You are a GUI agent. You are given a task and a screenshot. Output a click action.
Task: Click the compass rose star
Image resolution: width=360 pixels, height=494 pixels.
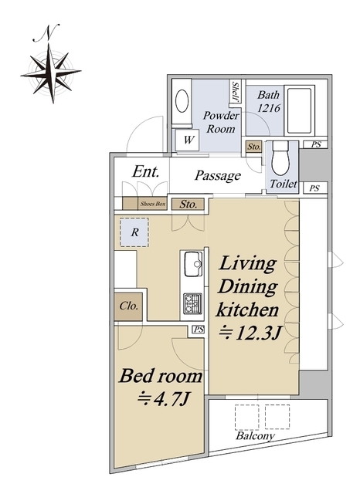pyautogui.click(x=51, y=73)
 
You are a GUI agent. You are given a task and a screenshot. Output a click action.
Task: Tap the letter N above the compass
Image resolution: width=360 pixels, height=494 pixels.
pyautogui.click(x=46, y=32)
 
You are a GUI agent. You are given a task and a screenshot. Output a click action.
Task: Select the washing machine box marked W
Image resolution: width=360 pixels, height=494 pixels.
pyautogui.click(x=188, y=140)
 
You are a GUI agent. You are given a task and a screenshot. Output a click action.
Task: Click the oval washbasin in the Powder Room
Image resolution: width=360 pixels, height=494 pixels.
pyautogui.click(x=182, y=101)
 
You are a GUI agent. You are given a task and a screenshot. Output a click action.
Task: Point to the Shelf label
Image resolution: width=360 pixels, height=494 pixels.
pyautogui.click(x=235, y=91)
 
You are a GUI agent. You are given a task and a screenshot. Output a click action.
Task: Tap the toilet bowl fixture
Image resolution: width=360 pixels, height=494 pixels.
pyautogui.click(x=280, y=157)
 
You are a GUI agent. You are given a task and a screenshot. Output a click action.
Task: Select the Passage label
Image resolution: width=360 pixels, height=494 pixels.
pyautogui.click(x=218, y=176)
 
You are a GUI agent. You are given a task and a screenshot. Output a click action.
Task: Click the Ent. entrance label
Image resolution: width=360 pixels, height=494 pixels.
pyautogui.click(x=145, y=171)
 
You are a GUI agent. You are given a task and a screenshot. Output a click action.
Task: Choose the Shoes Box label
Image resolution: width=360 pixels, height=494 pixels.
pyautogui.click(x=153, y=204)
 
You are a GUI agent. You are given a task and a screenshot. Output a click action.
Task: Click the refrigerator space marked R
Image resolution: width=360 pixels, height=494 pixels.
pyautogui.click(x=134, y=232)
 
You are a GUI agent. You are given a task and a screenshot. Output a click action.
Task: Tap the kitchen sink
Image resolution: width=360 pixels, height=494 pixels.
pyautogui.click(x=193, y=264)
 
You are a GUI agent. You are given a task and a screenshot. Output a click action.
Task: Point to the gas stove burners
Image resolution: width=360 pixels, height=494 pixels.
pyautogui.click(x=192, y=303)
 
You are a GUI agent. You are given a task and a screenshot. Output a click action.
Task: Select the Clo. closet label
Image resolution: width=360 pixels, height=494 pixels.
pyautogui.click(x=128, y=306)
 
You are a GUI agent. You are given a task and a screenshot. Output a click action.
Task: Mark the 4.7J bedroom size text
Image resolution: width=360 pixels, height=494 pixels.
pyautogui.click(x=163, y=399)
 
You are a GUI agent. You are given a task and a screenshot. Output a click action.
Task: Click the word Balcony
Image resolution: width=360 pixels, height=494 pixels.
pyautogui.click(x=256, y=436)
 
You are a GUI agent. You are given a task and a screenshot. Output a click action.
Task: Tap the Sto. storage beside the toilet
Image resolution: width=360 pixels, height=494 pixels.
pyautogui.click(x=253, y=147)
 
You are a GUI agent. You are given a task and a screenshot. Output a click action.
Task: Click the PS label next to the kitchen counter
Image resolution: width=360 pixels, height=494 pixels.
pyautogui.click(x=199, y=330)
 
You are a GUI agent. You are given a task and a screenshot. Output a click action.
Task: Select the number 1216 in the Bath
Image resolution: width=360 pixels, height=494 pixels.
pyautogui.click(x=269, y=108)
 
